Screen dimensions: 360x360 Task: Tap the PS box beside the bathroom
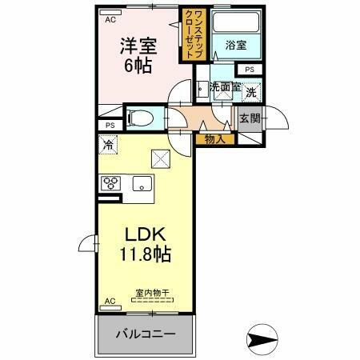tap(250, 70)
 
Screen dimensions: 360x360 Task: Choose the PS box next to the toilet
tap(110, 125)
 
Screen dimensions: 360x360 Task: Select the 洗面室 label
tap(224, 86)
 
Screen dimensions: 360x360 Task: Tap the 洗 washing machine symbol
tap(251, 93)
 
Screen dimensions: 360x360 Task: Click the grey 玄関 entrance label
tap(248, 120)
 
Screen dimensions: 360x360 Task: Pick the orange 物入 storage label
tap(214, 139)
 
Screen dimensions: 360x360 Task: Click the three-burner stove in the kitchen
tap(110, 182)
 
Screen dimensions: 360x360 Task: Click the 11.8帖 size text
tap(146, 255)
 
